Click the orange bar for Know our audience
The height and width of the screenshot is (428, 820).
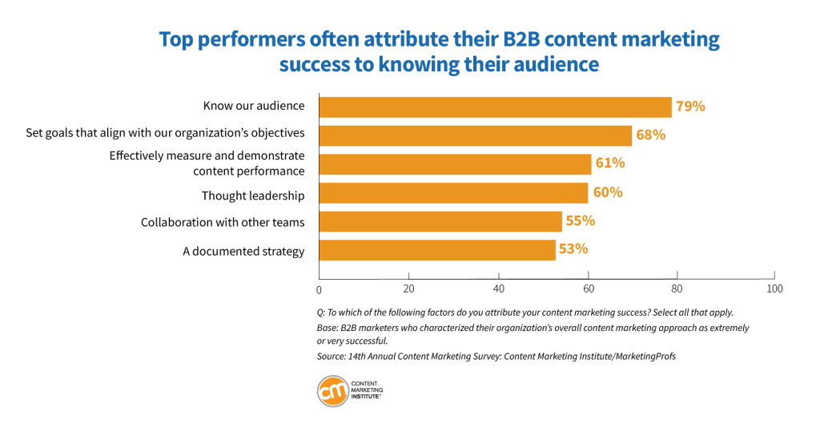point(495,107)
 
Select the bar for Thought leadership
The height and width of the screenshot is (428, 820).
point(453,193)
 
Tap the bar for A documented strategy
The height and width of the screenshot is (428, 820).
point(437,250)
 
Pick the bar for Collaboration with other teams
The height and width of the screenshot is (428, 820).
point(441,221)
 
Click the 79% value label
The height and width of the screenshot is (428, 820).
point(690,106)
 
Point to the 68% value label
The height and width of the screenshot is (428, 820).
point(650,135)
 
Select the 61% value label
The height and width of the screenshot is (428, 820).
point(609,164)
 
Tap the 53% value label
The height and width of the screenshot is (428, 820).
point(573,249)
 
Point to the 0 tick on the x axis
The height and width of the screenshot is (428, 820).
point(319,289)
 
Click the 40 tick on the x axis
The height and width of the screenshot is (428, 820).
point(499,289)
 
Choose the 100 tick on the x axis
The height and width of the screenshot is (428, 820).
point(774,289)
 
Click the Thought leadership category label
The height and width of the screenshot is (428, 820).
point(253,196)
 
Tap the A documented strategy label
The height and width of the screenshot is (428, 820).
point(243,252)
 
